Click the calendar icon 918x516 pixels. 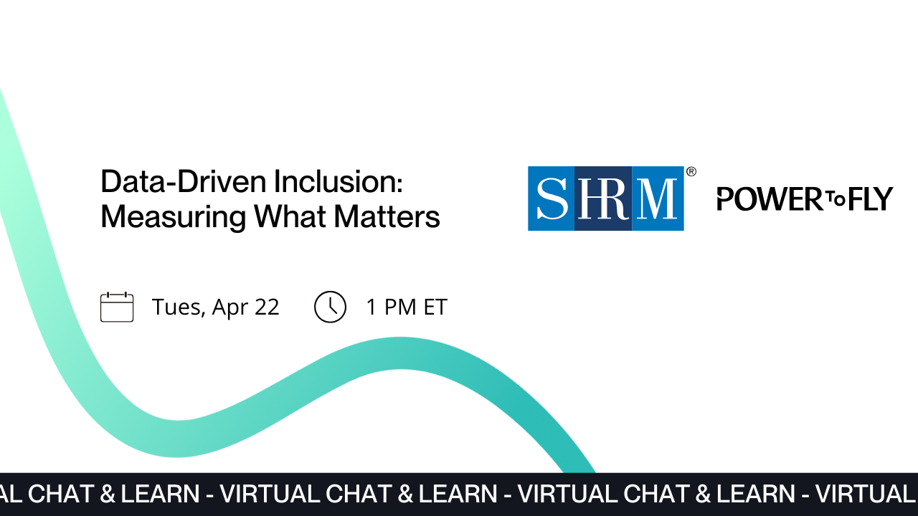point(117,307)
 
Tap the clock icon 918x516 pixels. point(330,307)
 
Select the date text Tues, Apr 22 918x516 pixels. point(215,307)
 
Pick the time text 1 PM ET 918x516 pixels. point(406,307)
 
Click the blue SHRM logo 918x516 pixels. point(605,199)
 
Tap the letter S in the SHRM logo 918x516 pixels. point(552,199)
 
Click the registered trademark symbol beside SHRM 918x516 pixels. point(691,172)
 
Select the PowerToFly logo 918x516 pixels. point(805,199)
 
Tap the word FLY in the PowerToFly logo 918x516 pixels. point(869,199)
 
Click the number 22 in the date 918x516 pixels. point(267,307)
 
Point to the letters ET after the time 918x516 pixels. point(435,307)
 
